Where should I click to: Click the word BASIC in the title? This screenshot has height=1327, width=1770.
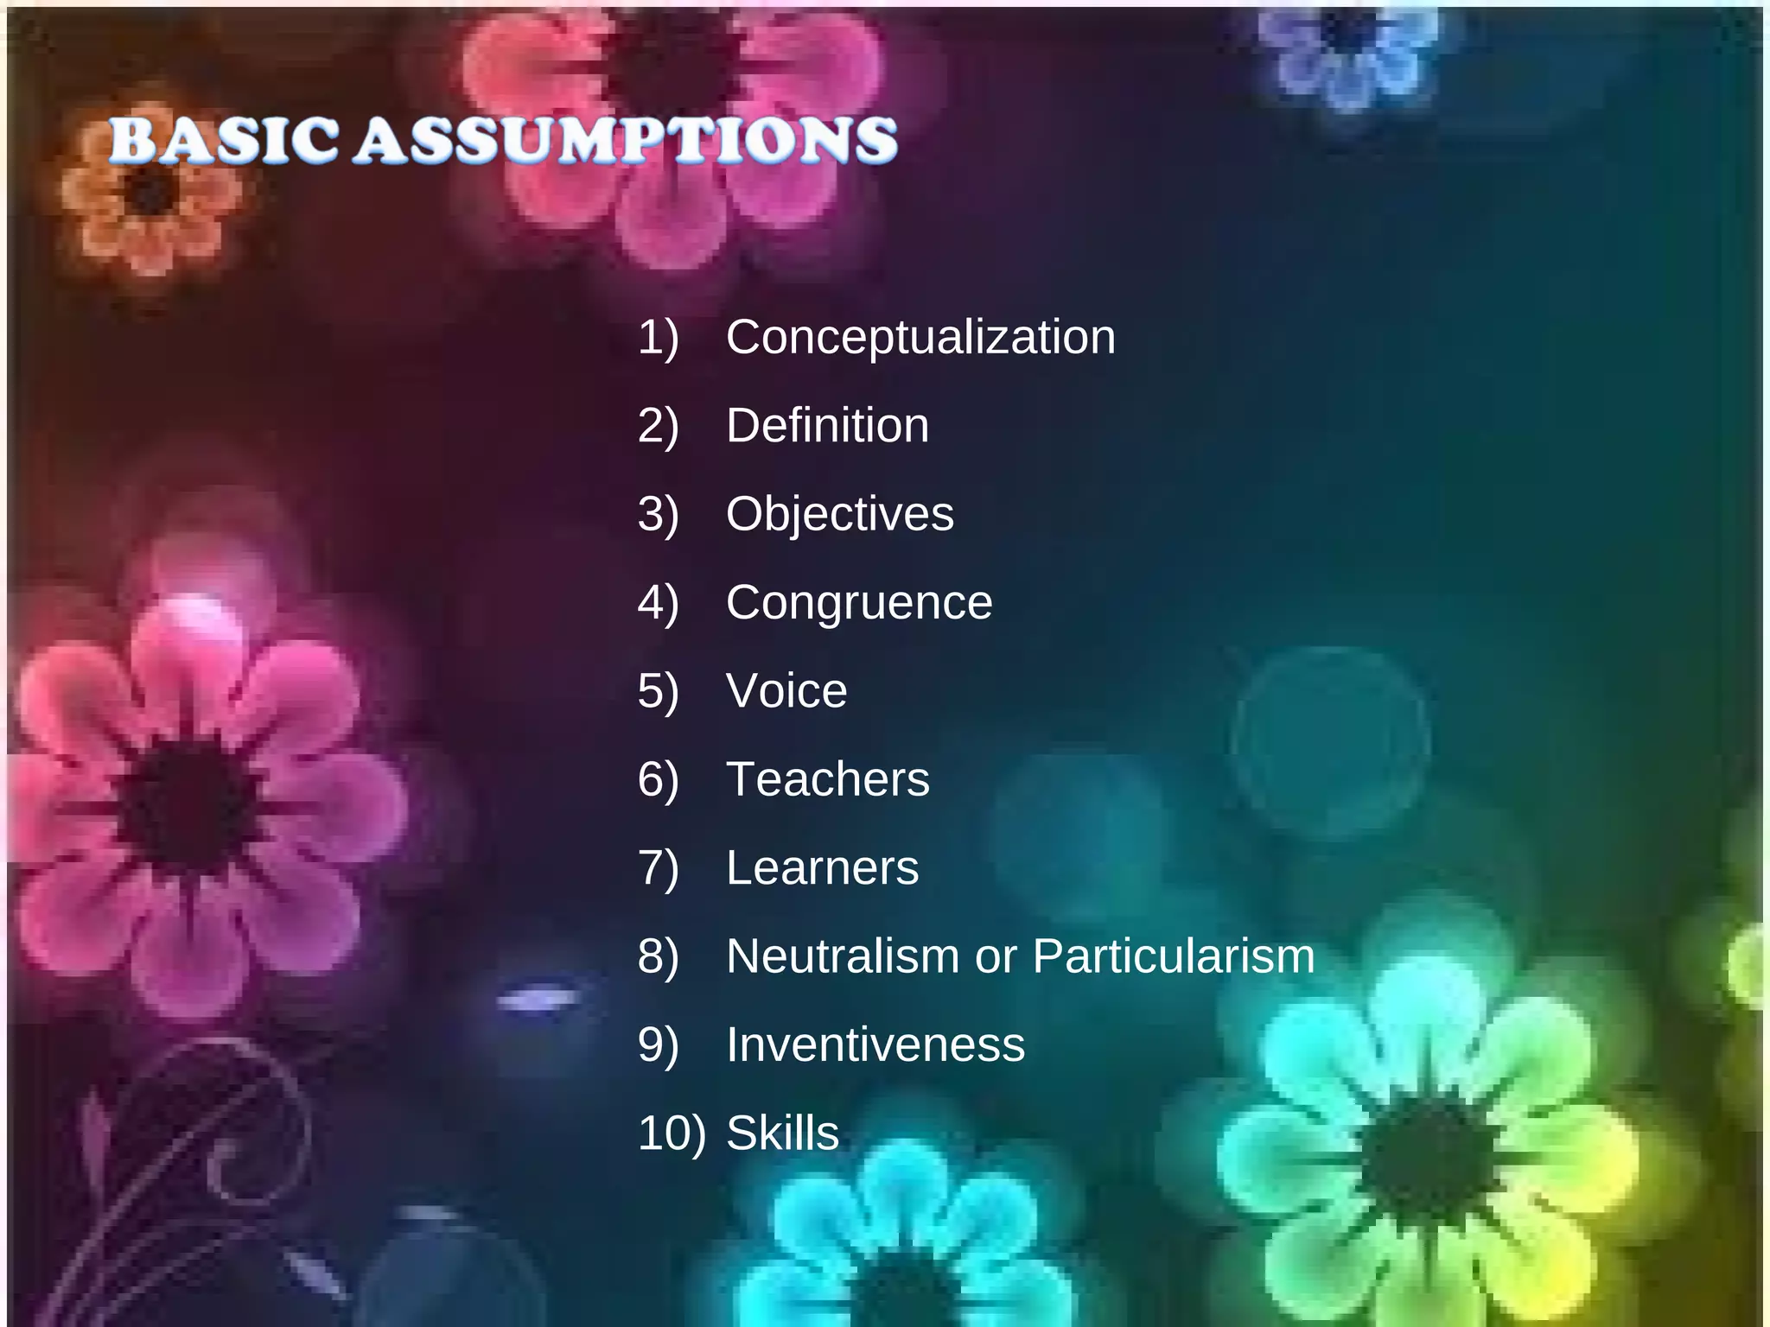(x=223, y=140)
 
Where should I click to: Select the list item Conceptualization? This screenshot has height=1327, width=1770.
(x=920, y=337)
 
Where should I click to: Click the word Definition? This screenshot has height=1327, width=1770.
(x=827, y=425)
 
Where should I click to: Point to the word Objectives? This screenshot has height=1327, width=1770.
(x=839, y=514)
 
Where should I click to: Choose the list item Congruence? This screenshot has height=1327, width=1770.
(x=859, y=602)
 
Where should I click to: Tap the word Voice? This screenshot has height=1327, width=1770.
(x=786, y=691)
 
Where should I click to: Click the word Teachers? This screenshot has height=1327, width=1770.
(x=827, y=779)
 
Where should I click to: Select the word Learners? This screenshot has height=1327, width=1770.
(x=822, y=867)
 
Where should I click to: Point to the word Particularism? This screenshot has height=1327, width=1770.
(x=1173, y=956)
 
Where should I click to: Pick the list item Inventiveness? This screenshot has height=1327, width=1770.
(x=875, y=1044)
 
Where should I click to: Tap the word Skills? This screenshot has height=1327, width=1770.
(x=782, y=1133)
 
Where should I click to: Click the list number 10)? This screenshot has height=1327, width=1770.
(x=671, y=1133)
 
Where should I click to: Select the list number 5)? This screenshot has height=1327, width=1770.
(x=659, y=691)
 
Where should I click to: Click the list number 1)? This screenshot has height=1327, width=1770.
(x=659, y=337)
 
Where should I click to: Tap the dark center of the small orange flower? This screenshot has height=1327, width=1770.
(x=151, y=192)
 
